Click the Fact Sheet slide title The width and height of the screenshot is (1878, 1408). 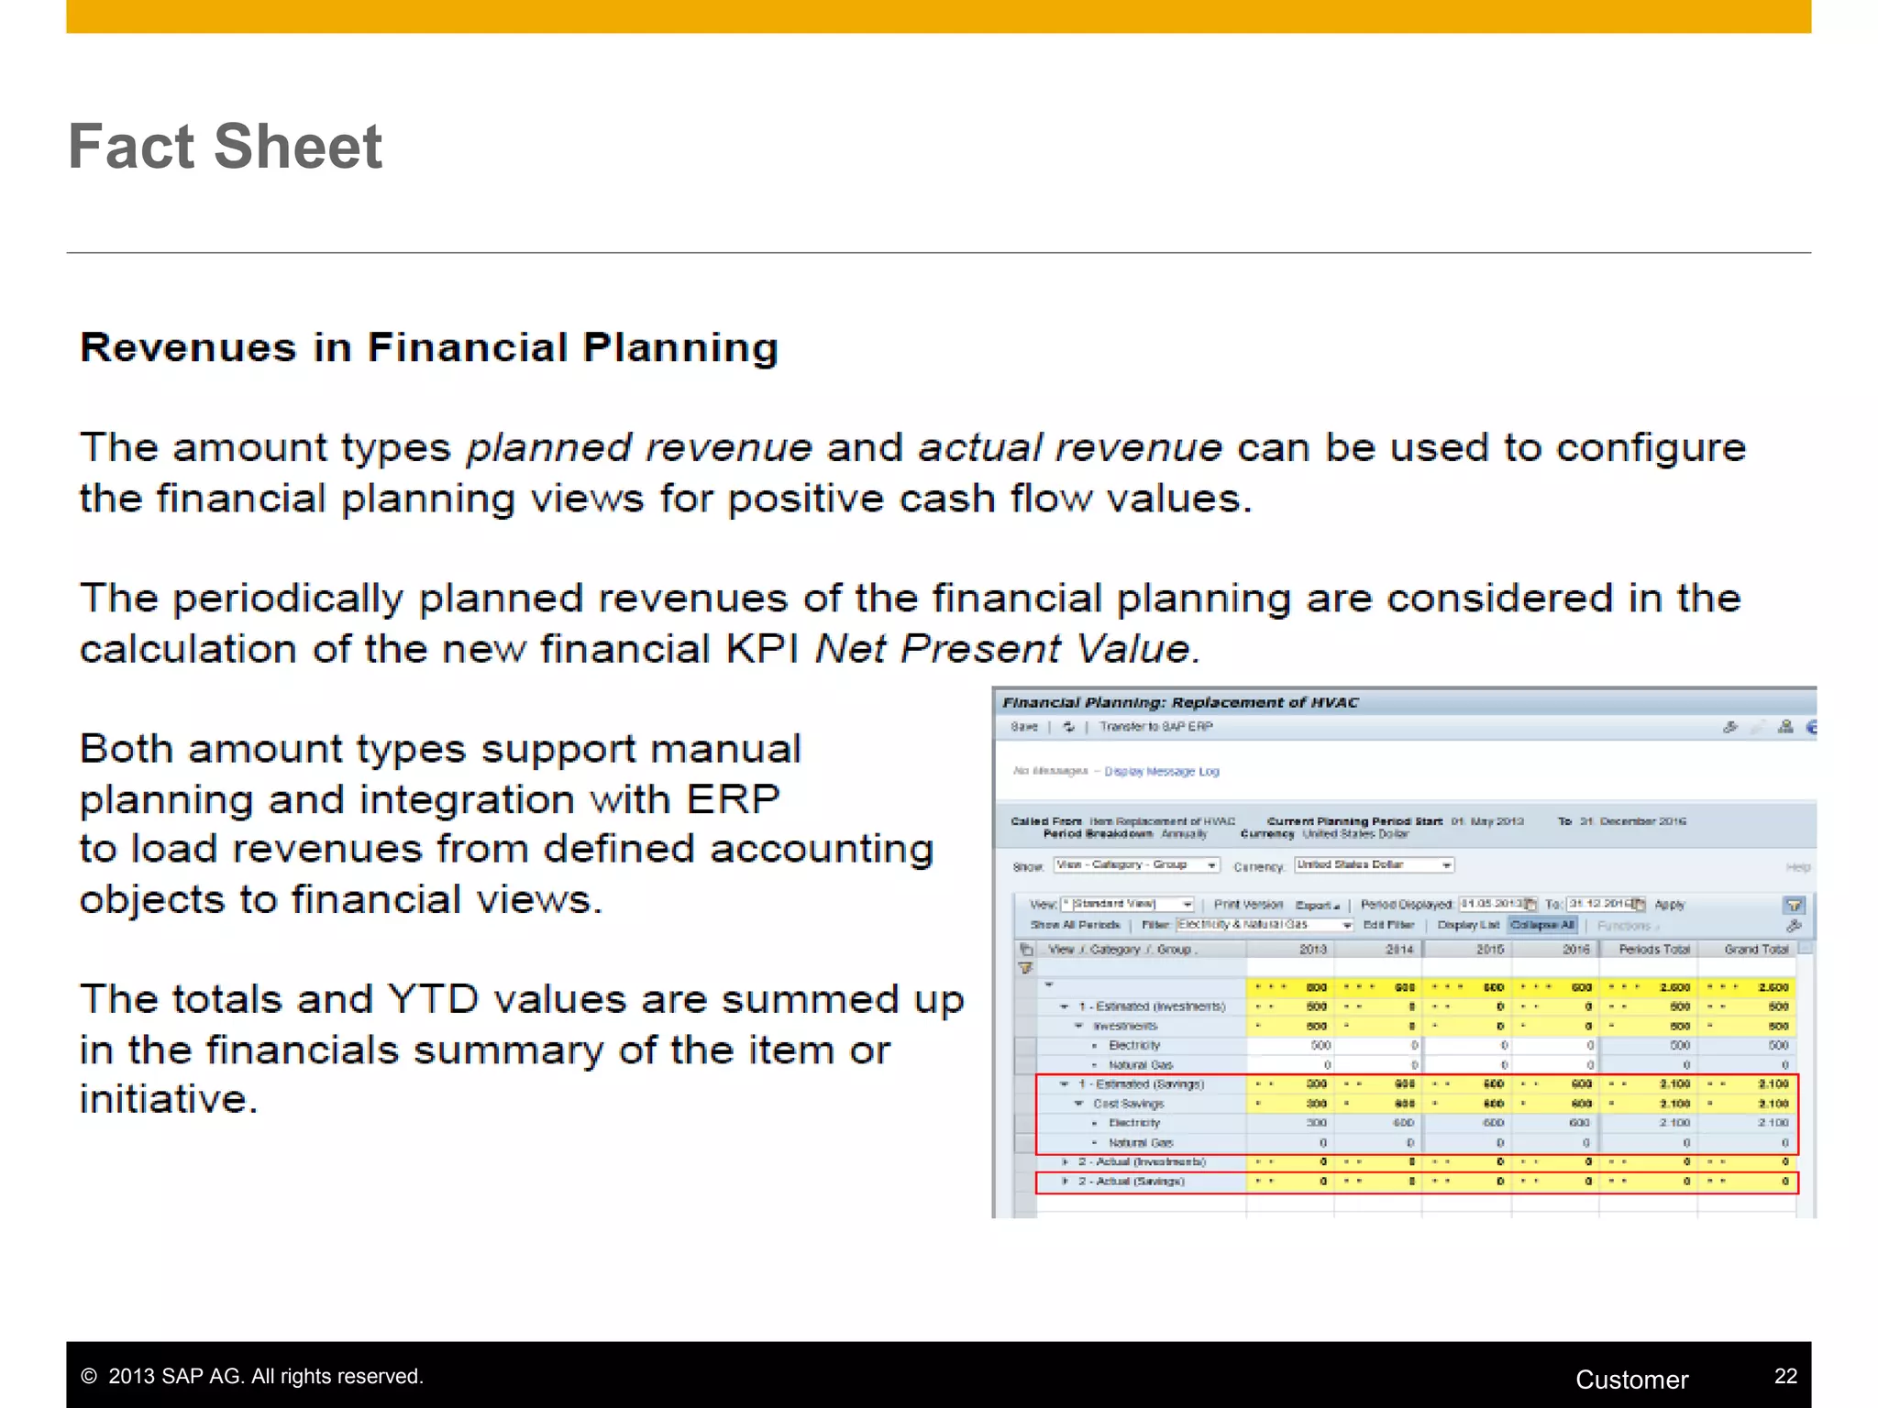tap(225, 147)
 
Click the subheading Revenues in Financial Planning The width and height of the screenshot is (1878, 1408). tap(429, 348)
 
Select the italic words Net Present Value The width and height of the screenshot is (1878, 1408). tap(1006, 649)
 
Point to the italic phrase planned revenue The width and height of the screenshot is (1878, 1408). tap(639, 448)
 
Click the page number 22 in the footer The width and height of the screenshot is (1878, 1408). tap(1784, 1376)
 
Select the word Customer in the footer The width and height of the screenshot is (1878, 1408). tap(1631, 1380)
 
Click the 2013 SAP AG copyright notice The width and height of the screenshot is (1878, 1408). tap(253, 1377)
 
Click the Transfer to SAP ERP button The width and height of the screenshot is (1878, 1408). tap(1155, 727)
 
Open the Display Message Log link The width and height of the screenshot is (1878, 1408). tap(1161, 772)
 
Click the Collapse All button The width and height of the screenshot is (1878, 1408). tap(1541, 925)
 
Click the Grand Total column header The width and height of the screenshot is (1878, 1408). tap(1755, 950)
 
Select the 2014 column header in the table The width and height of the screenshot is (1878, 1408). tap(1398, 950)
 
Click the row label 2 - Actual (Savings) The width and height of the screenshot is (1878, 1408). tap(1131, 1182)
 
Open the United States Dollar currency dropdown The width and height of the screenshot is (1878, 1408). tap(1373, 865)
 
